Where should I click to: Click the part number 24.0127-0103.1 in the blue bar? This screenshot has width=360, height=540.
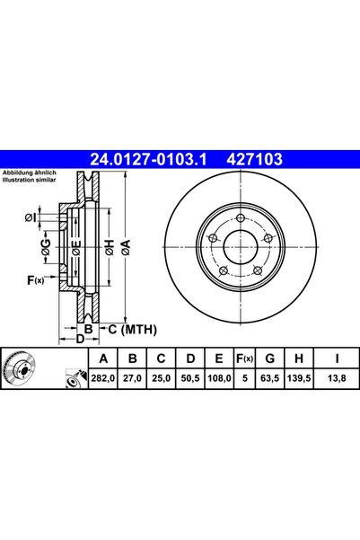(x=148, y=161)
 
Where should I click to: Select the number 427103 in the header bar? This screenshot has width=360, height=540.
(x=254, y=161)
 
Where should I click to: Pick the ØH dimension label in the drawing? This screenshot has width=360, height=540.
(x=108, y=248)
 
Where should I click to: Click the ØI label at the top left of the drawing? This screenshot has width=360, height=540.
(x=31, y=217)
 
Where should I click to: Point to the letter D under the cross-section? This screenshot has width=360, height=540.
(x=79, y=339)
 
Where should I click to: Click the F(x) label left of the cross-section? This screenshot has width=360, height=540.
(x=36, y=281)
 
